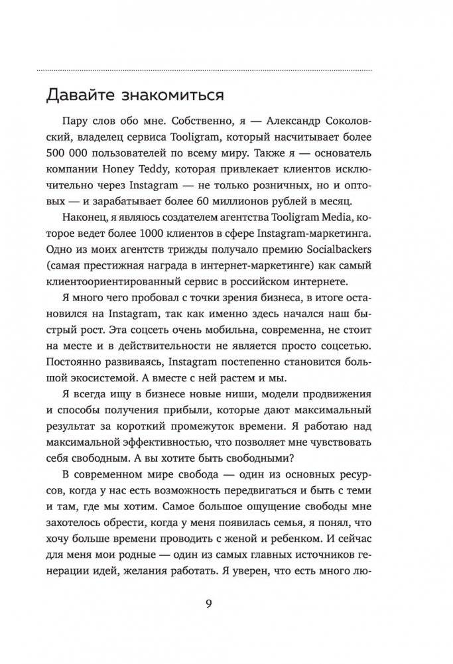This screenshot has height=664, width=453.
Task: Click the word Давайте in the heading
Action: tap(78, 96)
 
